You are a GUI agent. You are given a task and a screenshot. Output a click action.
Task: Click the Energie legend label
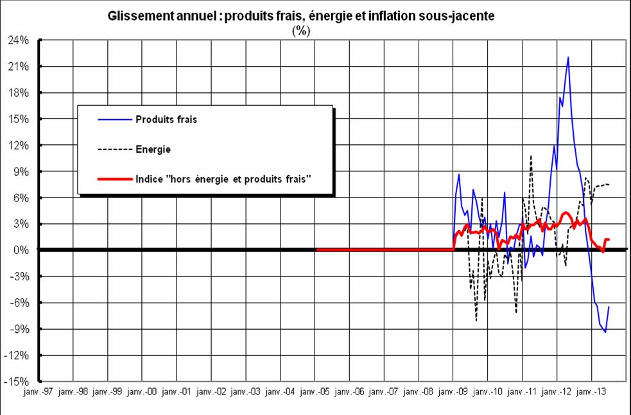153,149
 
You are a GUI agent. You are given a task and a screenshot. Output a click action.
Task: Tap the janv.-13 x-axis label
591,391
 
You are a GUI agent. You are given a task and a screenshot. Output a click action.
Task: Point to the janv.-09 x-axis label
453,391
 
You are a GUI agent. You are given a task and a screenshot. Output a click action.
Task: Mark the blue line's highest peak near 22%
568,57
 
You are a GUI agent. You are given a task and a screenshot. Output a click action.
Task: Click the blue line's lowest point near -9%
605,332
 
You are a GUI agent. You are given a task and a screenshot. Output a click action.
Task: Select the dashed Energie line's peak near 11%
532,156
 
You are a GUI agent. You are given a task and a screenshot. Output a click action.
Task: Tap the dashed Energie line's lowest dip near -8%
476,320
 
